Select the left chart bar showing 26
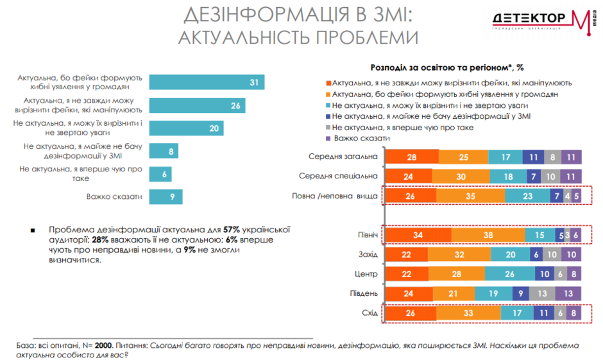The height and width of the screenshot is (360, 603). click(198, 105)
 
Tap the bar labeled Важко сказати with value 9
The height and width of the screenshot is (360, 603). click(166, 197)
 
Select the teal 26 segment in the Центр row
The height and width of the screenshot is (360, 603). click(509, 275)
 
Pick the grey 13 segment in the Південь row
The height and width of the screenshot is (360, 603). click(542, 294)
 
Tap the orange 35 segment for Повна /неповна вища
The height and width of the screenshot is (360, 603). click(468, 196)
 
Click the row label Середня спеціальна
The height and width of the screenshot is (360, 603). click(338, 176)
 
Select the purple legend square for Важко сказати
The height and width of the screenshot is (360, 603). click(328, 138)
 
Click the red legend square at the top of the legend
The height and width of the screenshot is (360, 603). click(328, 83)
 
